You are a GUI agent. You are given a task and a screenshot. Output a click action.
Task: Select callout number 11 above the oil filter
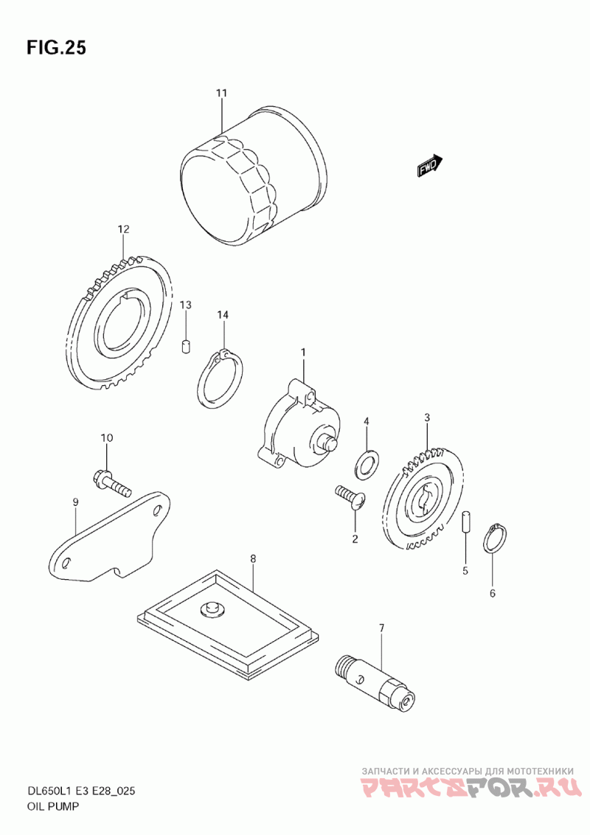click(221, 93)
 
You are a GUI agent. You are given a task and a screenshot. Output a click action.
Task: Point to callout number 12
click(124, 229)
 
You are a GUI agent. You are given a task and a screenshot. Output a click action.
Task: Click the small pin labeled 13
click(186, 346)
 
